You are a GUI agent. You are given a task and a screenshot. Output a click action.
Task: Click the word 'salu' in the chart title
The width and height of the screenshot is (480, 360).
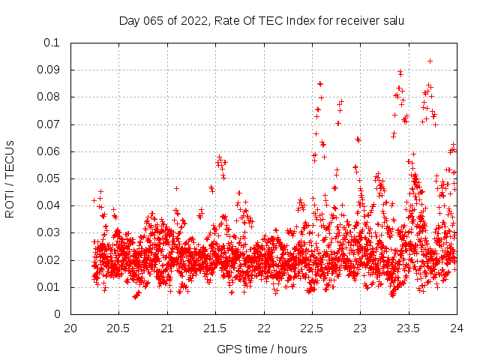click(x=392, y=21)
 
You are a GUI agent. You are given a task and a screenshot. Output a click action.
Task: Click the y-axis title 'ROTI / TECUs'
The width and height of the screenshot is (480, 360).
click(x=10, y=178)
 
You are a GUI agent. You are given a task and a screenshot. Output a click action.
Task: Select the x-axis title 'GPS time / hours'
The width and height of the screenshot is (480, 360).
click(x=262, y=349)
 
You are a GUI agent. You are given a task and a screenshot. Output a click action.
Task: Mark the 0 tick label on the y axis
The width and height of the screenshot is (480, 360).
click(x=57, y=315)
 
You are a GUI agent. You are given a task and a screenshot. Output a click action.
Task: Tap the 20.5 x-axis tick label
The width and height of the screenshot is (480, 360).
click(x=118, y=328)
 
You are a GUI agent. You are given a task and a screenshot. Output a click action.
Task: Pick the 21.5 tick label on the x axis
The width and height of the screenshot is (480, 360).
click(x=215, y=328)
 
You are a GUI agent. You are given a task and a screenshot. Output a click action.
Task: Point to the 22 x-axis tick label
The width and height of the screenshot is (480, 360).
click(x=263, y=328)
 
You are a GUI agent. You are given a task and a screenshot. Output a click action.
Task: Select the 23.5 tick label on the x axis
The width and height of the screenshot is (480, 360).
click(x=408, y=328)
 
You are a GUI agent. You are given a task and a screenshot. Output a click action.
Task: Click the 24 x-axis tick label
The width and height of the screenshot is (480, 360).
click(x=456, y=328)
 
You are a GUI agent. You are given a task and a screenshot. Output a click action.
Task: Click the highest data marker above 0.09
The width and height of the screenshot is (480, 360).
click(x=430, y=61)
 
